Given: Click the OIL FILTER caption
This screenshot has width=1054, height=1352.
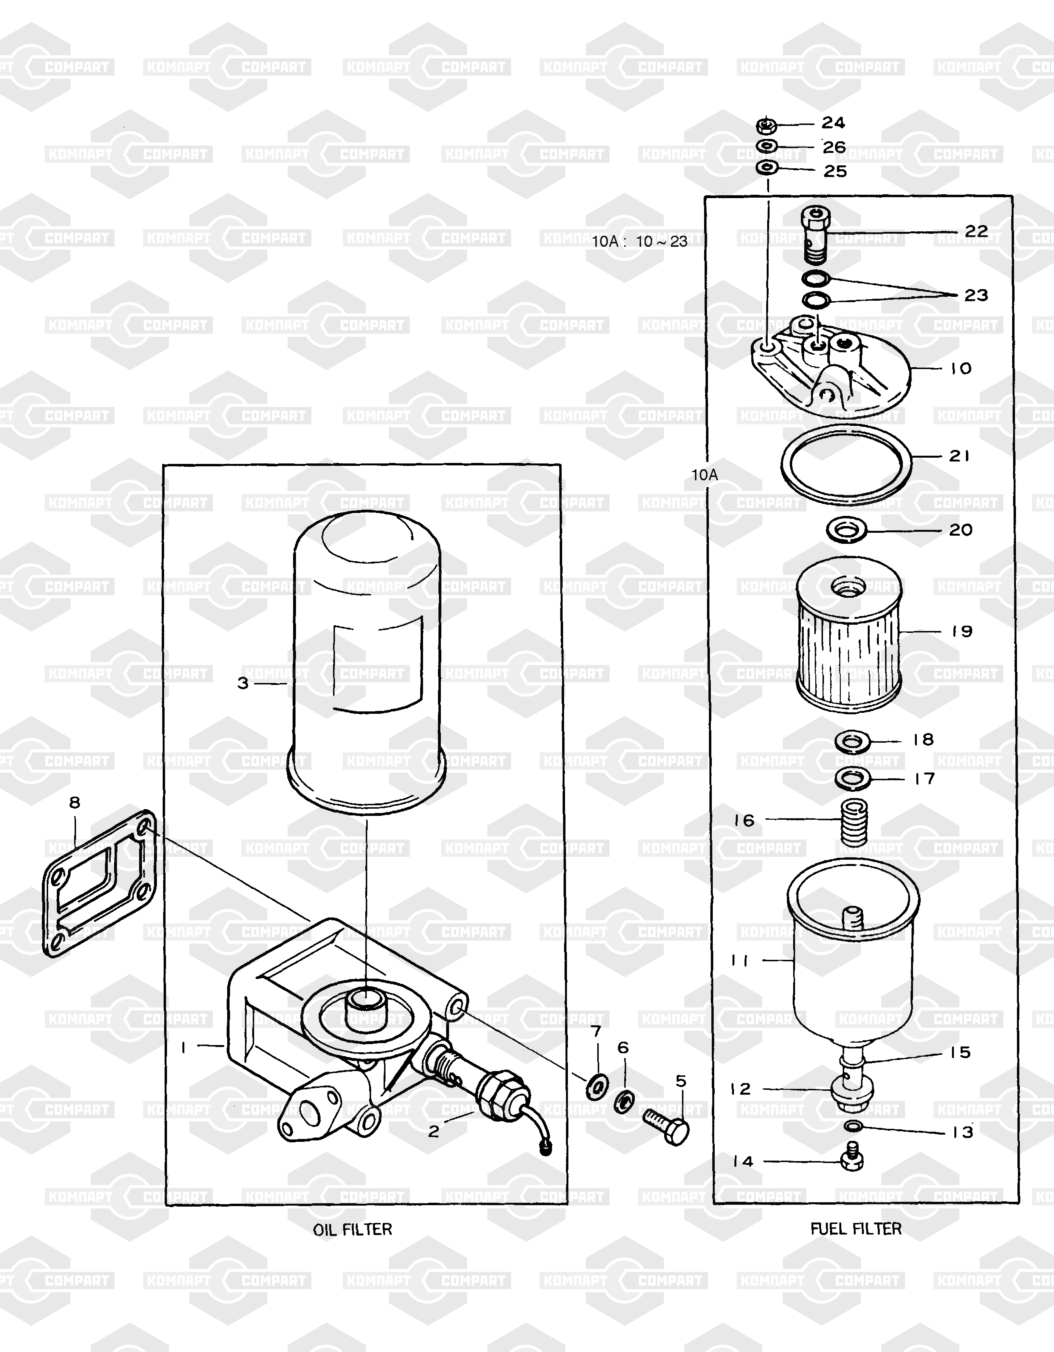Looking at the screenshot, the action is [352, 1229].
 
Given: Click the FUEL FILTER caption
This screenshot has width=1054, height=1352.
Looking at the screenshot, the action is [856, 1229].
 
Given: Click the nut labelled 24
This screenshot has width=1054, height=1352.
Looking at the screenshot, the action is [767, 126].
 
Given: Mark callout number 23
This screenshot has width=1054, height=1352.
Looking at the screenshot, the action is [976, 295].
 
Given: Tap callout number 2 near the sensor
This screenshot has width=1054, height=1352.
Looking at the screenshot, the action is [434, 1132].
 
